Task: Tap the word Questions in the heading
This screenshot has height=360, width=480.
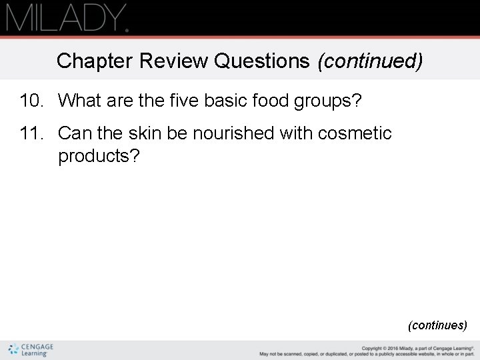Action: click(262, 61)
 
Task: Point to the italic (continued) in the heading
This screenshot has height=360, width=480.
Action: click(370, 61)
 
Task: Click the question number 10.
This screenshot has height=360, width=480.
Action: click(31, 101)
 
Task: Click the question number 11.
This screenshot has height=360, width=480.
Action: click(31, 133)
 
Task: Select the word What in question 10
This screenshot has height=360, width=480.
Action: click(79, 101)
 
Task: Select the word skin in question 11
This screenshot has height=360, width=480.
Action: click(144, 133)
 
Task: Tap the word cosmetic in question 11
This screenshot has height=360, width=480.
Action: click(355, 133)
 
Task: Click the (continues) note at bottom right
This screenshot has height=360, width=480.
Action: click(437, 325)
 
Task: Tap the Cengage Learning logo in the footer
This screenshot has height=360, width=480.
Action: click(31, 350)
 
